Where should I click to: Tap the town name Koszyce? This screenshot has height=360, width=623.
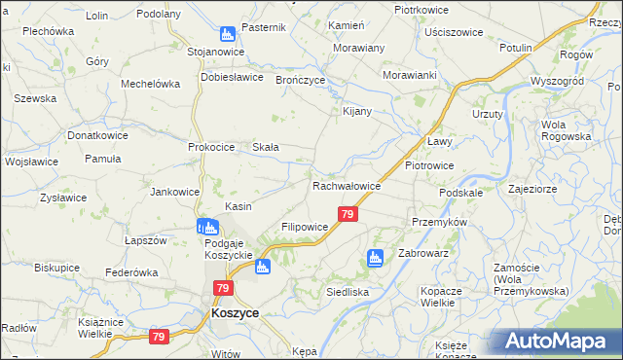(x=235, y=314)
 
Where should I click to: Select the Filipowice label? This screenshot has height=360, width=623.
(x=305, y=227)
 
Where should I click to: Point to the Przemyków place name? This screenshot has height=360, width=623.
(x=440, y=222)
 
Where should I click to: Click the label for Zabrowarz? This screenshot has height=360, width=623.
(x=422, y=254)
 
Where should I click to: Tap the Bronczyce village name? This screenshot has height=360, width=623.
(x=300, y=80)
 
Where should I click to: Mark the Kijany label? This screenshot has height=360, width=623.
(x=357, y=111)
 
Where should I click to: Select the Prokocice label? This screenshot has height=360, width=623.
(x=212, y=147)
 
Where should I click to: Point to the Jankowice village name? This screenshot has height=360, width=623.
(x=175, y=192)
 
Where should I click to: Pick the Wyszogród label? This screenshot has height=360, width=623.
(x=556, y=81)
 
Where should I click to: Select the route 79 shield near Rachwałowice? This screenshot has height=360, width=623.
(x=348, y=214)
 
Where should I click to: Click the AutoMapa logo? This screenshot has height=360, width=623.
(x=556, y=341)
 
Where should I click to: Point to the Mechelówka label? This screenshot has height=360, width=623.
(x=151, y=84)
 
